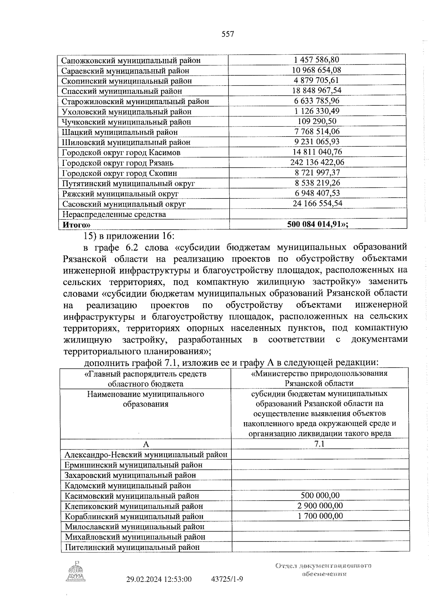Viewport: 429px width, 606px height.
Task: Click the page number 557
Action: click(228, 34)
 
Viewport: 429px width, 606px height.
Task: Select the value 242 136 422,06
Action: click(317, 162)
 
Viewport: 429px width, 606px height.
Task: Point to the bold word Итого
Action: click(76, 225)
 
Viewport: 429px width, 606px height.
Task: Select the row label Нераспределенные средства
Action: click(114, 215)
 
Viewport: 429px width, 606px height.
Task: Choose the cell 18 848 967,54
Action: click(317, 90)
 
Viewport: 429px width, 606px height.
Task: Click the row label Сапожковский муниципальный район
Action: click(131, 60)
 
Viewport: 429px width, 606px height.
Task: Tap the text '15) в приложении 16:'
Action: click(129, 236)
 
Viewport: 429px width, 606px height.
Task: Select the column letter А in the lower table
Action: click(146, 444)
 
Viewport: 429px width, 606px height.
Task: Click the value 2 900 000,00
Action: click(320, 506)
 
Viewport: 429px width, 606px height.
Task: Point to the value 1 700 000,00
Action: click(320, 516)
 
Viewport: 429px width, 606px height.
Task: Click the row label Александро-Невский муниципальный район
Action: click(146, 455)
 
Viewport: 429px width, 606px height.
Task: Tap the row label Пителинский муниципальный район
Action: click(132, 547)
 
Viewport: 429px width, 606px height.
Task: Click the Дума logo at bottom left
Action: click(76, 572)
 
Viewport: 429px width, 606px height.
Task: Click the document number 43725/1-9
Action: click(227, 579)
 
